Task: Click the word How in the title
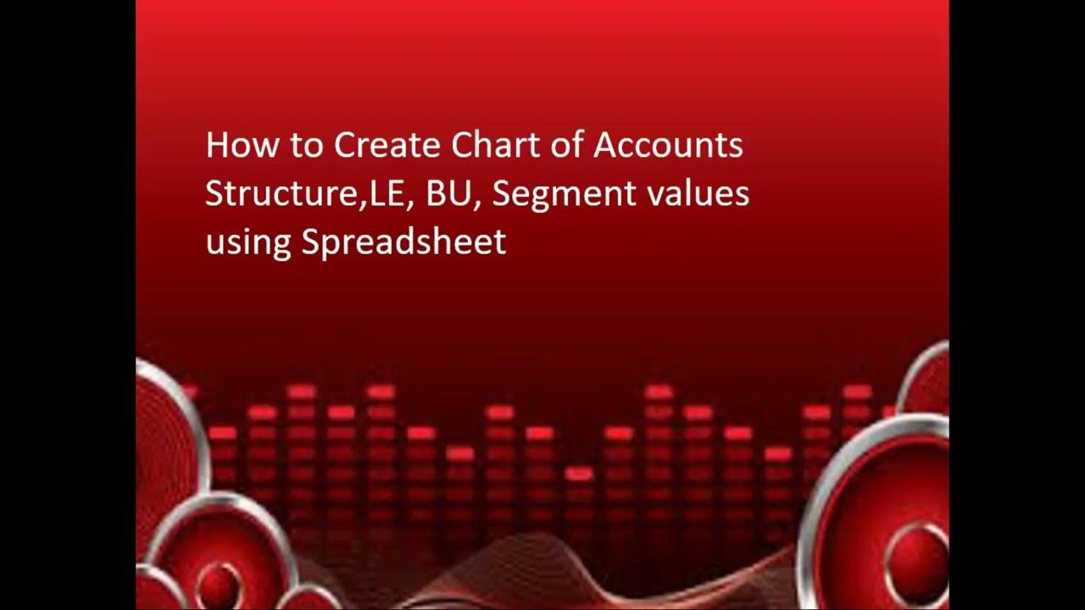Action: click(233, 146)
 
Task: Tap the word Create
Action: click(387, 146)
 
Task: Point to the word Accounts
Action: click(668, 146)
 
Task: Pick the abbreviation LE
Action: click(383, 194)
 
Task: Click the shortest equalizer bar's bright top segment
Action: click(579, 474)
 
